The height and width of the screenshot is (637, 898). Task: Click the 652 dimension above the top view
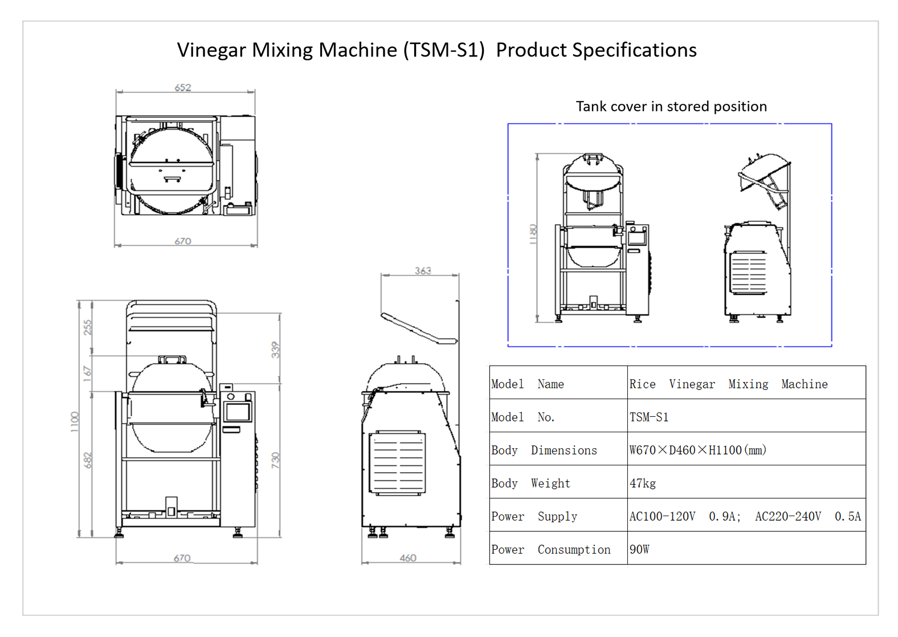pos(183,88)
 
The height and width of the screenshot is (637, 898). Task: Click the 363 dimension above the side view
pos(423,271)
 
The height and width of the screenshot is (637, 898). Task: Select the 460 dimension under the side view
pos(408,558)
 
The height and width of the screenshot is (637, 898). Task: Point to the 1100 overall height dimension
pos(75,422)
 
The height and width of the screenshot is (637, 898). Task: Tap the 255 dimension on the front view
pos(87,327)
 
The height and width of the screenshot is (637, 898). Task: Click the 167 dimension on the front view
pos(87,374)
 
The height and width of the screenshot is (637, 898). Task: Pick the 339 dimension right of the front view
pos(276,350)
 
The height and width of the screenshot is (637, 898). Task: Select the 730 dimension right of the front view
pos(276,460)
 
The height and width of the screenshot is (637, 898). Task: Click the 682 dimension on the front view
pos(87,460)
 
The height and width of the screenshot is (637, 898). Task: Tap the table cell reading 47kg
pos(643,484)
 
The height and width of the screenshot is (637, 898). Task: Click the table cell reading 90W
pos(639,550)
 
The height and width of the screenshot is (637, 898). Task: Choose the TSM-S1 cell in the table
pos(648,417)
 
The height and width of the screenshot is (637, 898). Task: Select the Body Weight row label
pos(530,484)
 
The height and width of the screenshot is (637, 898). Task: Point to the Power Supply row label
pos(534,517)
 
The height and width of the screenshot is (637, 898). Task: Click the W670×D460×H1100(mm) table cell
pos(697,451)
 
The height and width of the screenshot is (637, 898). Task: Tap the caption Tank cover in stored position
pos(671,107)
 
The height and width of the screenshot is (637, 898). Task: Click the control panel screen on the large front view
pos(238,411)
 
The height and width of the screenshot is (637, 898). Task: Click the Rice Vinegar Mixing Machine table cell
pos(728,384)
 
